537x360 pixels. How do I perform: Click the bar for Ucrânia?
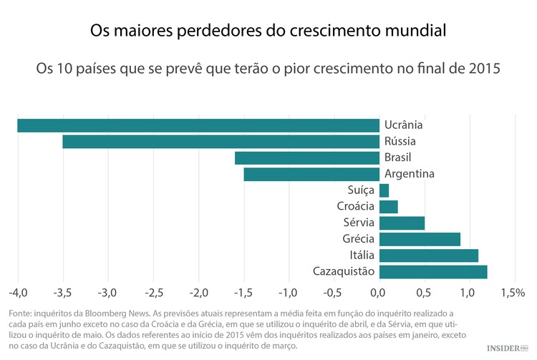click(198, 125)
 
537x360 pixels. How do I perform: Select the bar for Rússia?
click(221, 142)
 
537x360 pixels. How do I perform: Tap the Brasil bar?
click(306, 158)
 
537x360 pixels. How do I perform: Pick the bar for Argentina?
click(311, 174)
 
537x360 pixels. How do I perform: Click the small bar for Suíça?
click(384, 190)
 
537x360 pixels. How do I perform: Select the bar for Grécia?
click(420, 239)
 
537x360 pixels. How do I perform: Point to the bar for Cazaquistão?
click(433, 271)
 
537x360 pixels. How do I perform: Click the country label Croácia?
click(356, 207)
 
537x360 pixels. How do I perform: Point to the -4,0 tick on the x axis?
click(18, 293)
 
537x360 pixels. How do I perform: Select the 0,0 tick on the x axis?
click(378, 293)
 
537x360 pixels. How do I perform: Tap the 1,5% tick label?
click(512, 293)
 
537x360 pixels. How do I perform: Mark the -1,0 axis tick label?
click(288, 293)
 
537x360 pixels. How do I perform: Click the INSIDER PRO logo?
click(506, 349)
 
